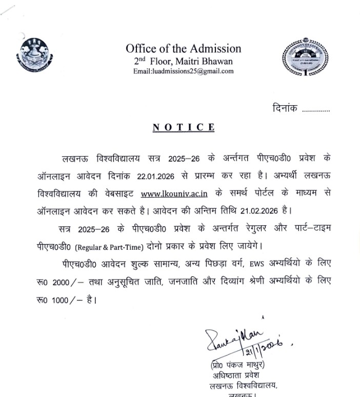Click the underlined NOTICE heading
click(183, 127)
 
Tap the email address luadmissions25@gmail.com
click(183, 71)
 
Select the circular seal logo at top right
click(299, 57)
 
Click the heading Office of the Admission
click(183, 49)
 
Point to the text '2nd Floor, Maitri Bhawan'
click(183, 62)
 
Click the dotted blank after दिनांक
click(316, 109)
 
